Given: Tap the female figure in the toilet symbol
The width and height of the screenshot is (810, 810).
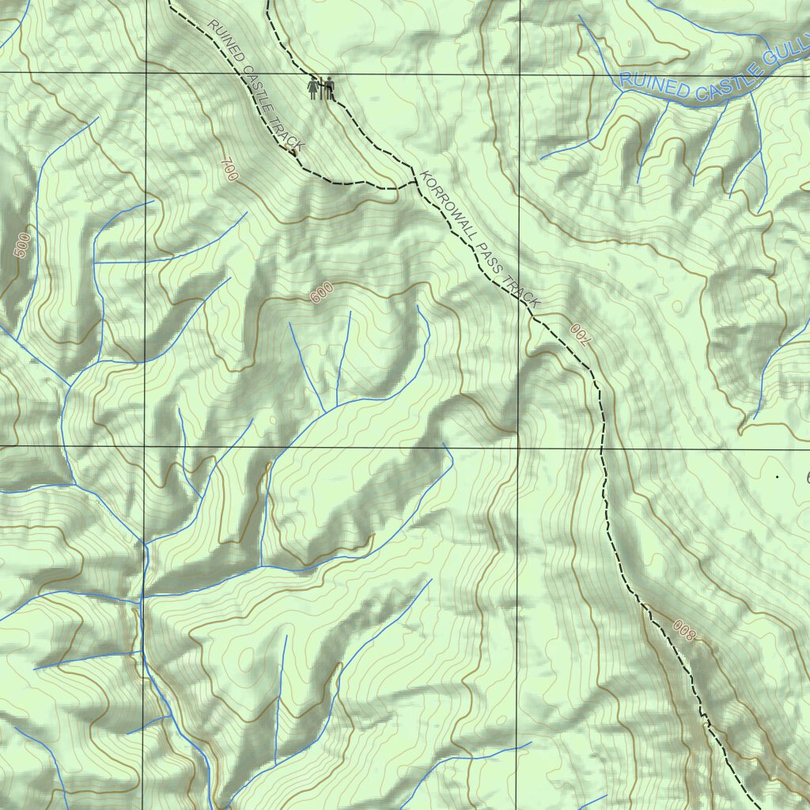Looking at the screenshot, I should pos(315,88).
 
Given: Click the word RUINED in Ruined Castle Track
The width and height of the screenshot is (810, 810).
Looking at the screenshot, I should pos(224,39).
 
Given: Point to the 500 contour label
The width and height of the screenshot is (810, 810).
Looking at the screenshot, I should pos(24,245).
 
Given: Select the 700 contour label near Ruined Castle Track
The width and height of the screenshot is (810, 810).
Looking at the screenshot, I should pos(229,170).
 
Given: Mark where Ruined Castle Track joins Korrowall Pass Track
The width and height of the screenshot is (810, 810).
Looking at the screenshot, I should pos(414,184).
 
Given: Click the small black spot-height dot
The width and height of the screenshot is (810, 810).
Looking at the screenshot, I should pos(778,477).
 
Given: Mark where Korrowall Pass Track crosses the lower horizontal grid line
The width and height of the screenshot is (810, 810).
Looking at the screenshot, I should pos(602,449).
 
